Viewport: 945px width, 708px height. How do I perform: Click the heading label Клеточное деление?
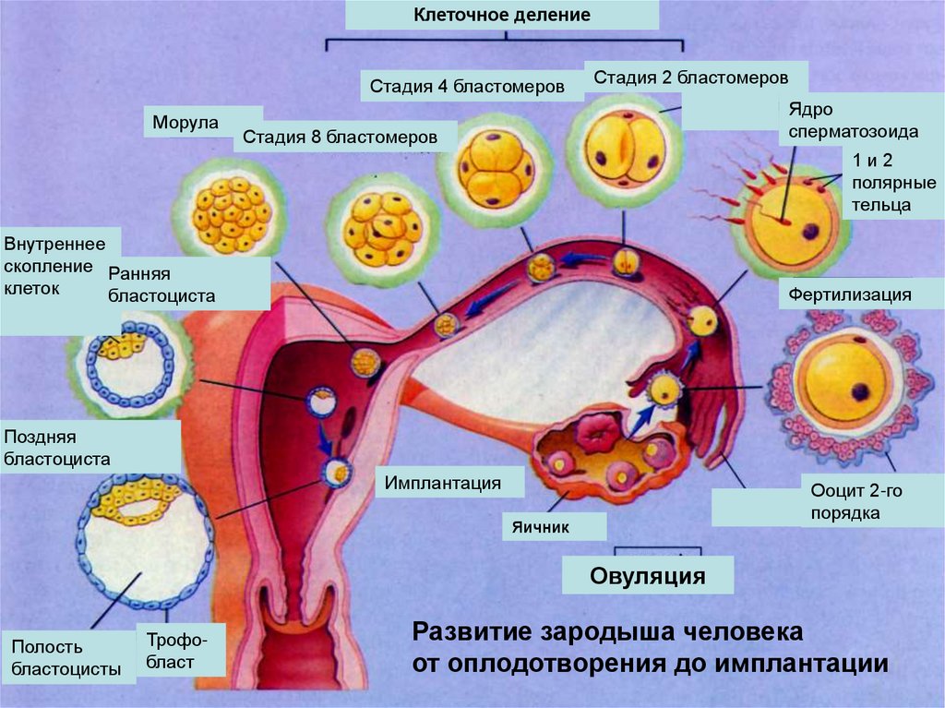coord(501,16)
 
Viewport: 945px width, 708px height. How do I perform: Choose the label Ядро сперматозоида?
coord(853,120)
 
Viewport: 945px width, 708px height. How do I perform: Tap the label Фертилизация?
coord(850,295)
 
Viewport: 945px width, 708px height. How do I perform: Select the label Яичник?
coord(553,527)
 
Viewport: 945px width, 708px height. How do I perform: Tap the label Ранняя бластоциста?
coord(161,284)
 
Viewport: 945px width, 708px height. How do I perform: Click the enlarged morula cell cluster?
coord(231,215)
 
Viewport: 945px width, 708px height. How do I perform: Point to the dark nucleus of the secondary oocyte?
coord(860,391)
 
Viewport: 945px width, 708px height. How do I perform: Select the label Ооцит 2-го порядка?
coord(855,501)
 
